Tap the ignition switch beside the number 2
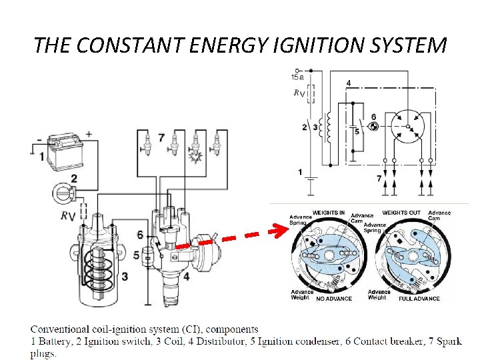pyautogui.click(x=61, y=195)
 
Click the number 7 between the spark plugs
pyautogui.click(x=161, y=138)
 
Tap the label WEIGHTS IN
pyautogui.click(x=329, y=213)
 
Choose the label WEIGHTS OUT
pyautogui.click(x=401, y=213)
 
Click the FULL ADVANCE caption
pyautogui.click(x=419, y=299)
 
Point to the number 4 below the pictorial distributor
pyautogui.click(x=186, y=275)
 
